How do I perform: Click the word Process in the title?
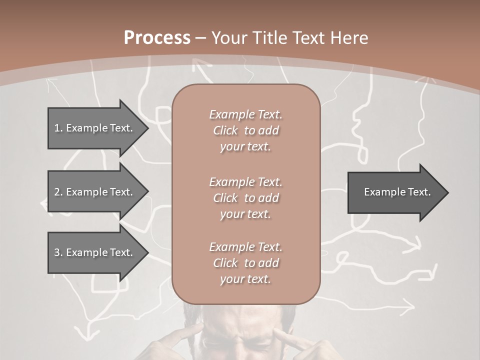click(157, 37)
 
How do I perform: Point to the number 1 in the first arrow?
click(57, 128)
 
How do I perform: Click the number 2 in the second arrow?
click(57, 192)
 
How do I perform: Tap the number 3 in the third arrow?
click(57, 252)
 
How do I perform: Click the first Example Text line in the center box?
click(245, 114)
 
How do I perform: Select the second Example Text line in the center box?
click(245, 181)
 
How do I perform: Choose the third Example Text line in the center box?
click(245, 247)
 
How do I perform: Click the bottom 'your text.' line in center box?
click(245, 279)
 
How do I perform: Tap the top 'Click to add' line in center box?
click(245, 130)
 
